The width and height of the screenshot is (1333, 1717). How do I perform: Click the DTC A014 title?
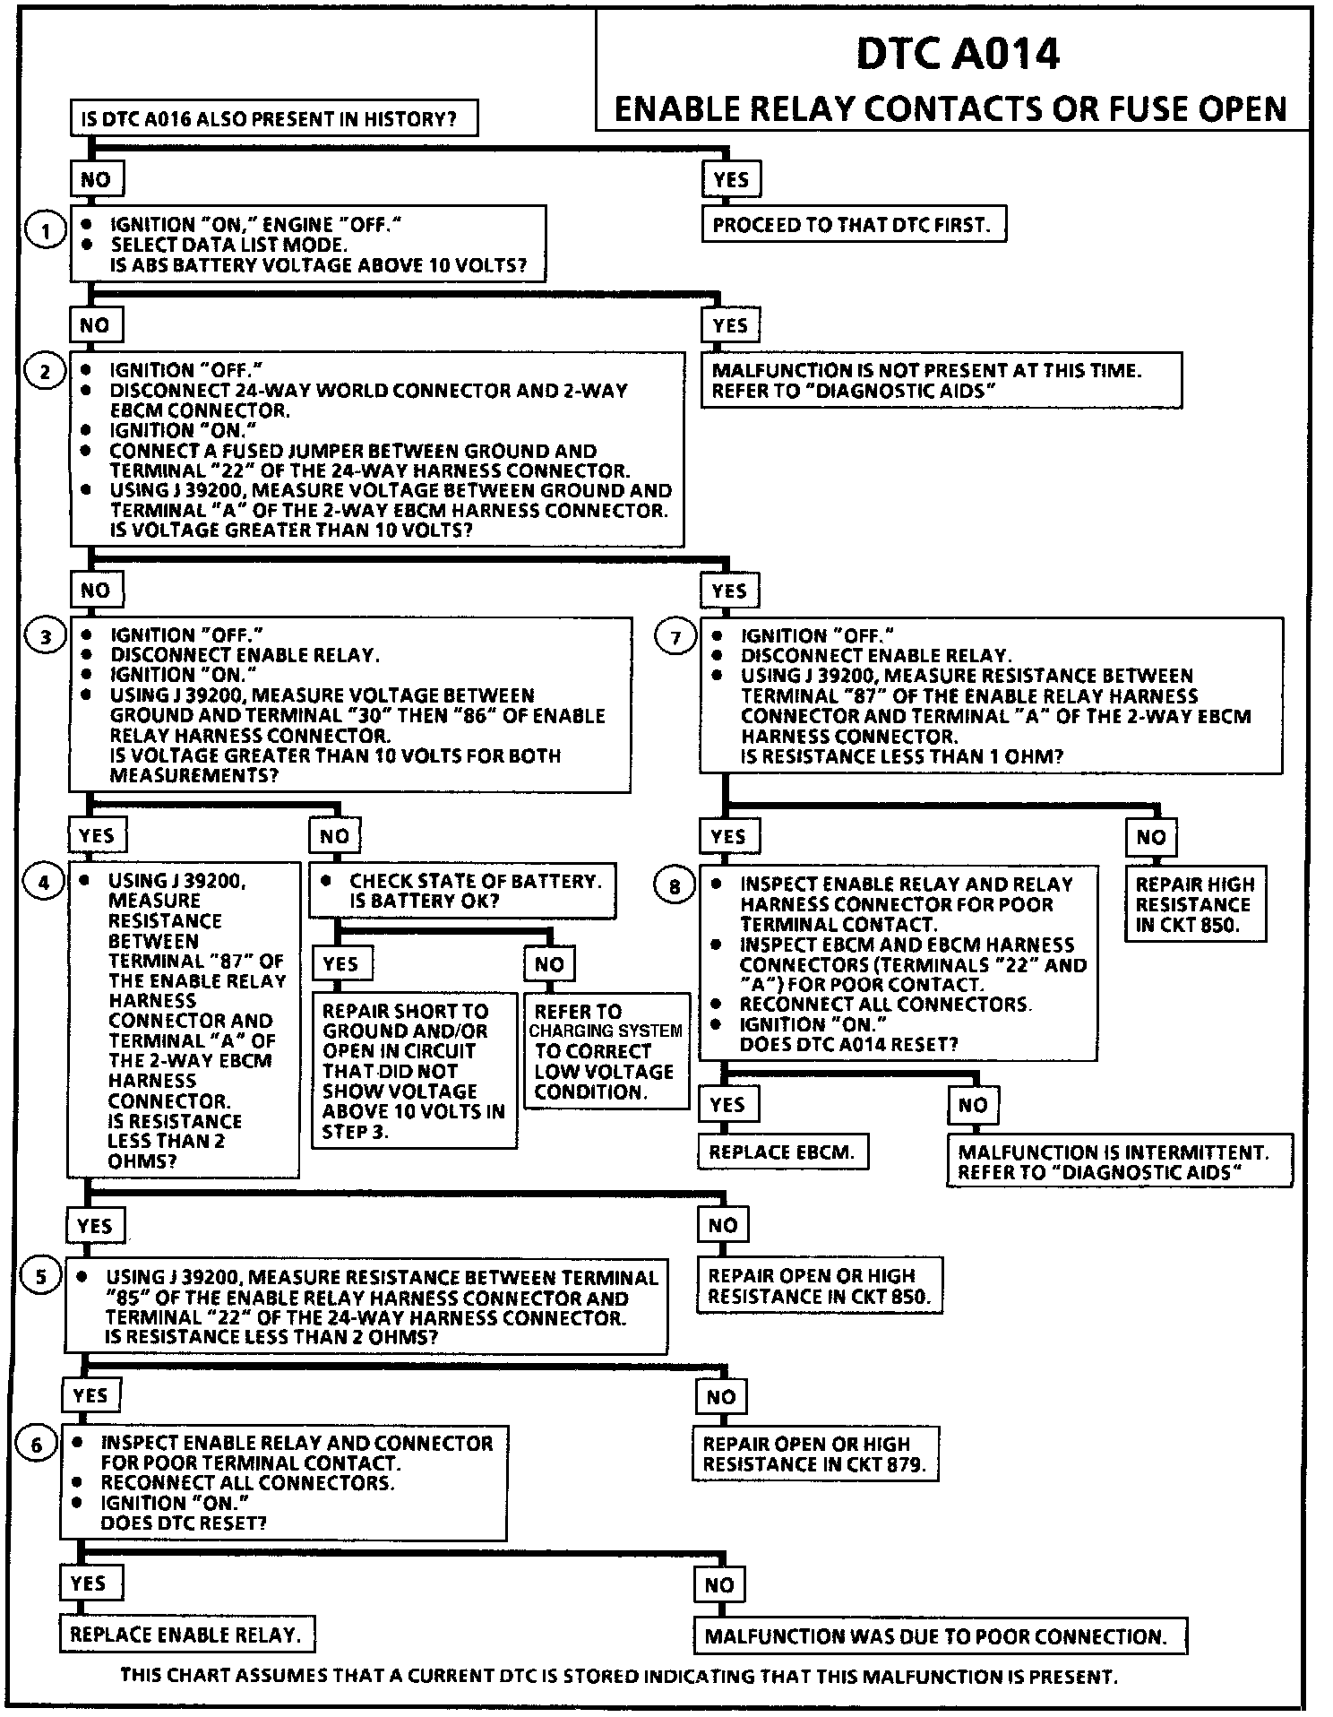958,55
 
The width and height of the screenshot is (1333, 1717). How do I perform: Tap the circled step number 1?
44,231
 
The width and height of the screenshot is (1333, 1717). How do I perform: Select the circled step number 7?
675,637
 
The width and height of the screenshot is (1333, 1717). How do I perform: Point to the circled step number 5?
40,1275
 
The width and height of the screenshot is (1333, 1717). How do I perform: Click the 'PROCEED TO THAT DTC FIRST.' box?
853,224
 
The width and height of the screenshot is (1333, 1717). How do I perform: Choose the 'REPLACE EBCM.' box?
782,1152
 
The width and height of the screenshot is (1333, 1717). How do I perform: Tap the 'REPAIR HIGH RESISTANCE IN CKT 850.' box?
1194,904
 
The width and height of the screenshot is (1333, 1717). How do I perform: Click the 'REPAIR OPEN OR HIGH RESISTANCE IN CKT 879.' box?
814,1454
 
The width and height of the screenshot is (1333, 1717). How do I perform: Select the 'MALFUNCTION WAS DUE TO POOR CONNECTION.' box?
939,1636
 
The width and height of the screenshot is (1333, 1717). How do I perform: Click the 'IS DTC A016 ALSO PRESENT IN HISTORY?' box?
273,118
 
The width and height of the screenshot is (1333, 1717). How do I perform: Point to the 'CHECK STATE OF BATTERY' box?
462,891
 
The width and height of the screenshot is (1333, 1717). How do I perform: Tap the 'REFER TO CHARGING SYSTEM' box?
606,1050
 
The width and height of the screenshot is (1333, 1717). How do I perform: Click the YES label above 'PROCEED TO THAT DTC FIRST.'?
731,179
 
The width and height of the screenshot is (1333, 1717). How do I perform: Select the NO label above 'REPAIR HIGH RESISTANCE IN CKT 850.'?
1151,837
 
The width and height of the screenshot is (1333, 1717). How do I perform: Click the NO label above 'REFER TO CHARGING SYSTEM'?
549,964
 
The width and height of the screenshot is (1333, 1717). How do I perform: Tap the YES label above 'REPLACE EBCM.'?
727,1105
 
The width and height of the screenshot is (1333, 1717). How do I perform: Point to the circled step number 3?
45,637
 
